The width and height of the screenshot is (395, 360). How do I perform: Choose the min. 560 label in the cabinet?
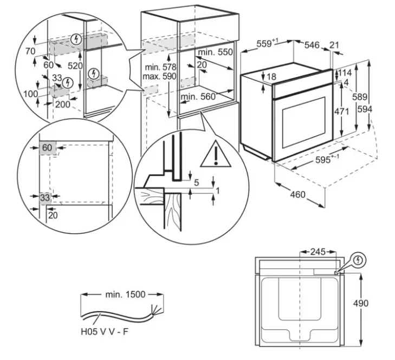click(x=198, y=97)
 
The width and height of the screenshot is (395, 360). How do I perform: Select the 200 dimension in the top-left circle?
click(x=62, y=104)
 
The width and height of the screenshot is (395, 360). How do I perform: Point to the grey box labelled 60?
click(x=48, y=147)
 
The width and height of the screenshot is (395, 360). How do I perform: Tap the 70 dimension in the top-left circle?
click(x=30, y=51)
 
